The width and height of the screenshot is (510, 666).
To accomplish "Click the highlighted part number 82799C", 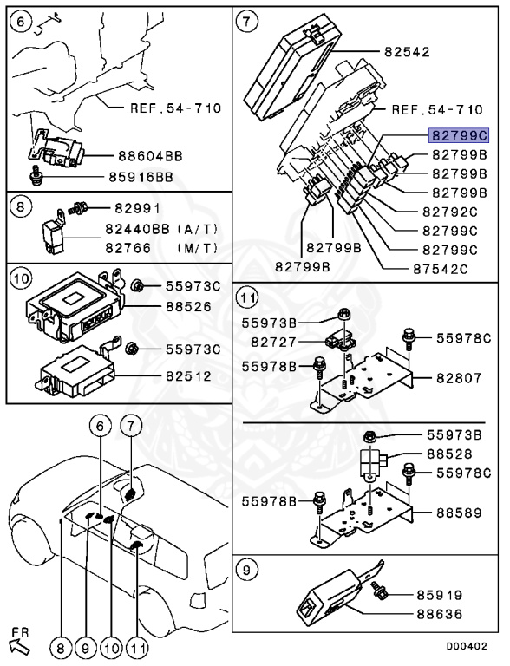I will (x=460, y=135).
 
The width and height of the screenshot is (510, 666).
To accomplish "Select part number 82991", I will (x=134, y=209).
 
